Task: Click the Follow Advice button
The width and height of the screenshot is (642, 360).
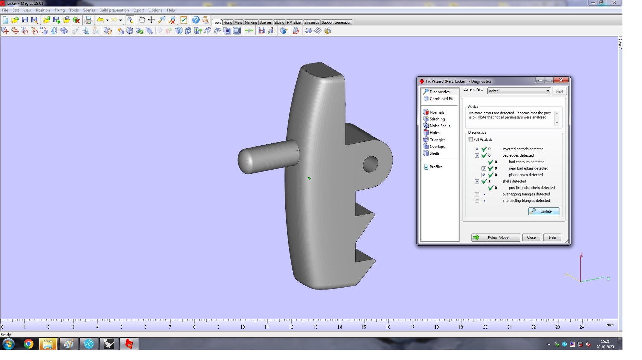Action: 496,237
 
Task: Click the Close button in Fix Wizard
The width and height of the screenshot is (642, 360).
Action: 531,237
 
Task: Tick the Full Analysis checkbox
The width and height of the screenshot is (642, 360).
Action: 471,139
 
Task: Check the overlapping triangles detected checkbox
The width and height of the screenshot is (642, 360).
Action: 477,194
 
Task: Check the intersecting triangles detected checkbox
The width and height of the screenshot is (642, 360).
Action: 477,201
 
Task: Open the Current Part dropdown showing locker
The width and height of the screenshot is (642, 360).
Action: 519,91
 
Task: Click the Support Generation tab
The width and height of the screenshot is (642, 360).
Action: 336,22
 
